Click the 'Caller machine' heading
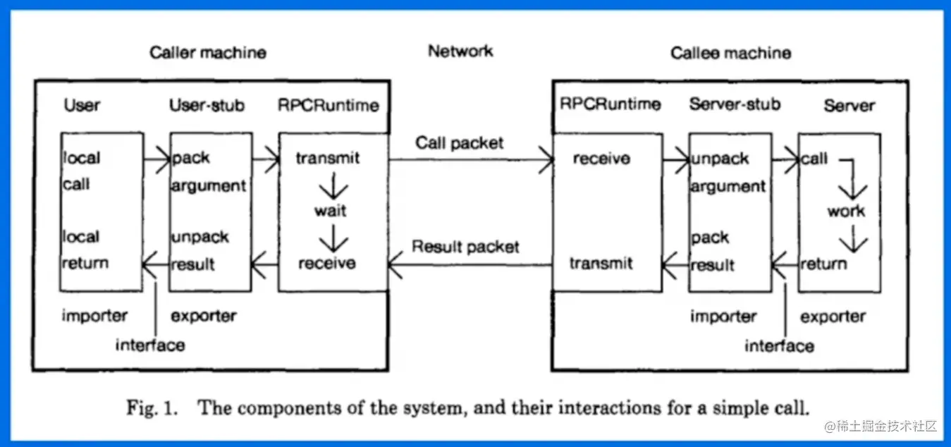[x=208, y=53]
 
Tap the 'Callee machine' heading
[x=730, y=53]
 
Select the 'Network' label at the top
[x=460, y=51]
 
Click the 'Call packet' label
[x=460, y=143]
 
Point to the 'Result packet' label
[x=465, y=247]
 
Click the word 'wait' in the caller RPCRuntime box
[x=331, y=211]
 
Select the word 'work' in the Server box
[x=846, y=211]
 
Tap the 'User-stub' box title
[x=207, y=106]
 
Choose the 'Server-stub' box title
[x=735, y=104]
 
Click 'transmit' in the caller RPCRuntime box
[x=328, y=159]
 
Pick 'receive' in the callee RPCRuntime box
[x=601, y=159]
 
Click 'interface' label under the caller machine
[x=150, y=345]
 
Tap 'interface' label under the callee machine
[x=779, y=346]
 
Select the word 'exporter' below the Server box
[x=833, y=317]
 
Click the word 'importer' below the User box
[x=94, y=315]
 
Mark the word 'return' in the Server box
[x=823, y=264]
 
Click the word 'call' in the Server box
[x=814, y=159]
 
